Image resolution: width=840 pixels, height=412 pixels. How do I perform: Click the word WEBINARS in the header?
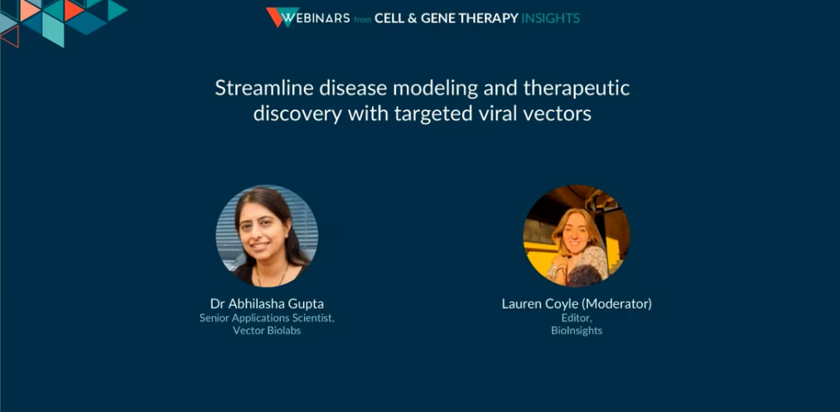[x=316, y=18]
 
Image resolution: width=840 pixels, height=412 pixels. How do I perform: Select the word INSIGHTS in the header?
[x=550, y=18]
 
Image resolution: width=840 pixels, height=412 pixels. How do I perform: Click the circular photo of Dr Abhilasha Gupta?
[x=267, y=235]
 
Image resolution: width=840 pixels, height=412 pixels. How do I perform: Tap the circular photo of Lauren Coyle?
[x=577, y=235]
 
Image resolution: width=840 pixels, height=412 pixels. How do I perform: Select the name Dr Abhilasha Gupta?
[x=267, y=303]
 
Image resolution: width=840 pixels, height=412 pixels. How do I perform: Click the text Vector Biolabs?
[x=267, y=331]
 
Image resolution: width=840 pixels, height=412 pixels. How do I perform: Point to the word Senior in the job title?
[x=213, y=317]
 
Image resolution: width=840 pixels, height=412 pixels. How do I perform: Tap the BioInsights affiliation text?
[x=577, y=331]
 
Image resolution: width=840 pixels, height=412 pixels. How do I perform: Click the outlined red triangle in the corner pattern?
[x=11, y=36]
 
